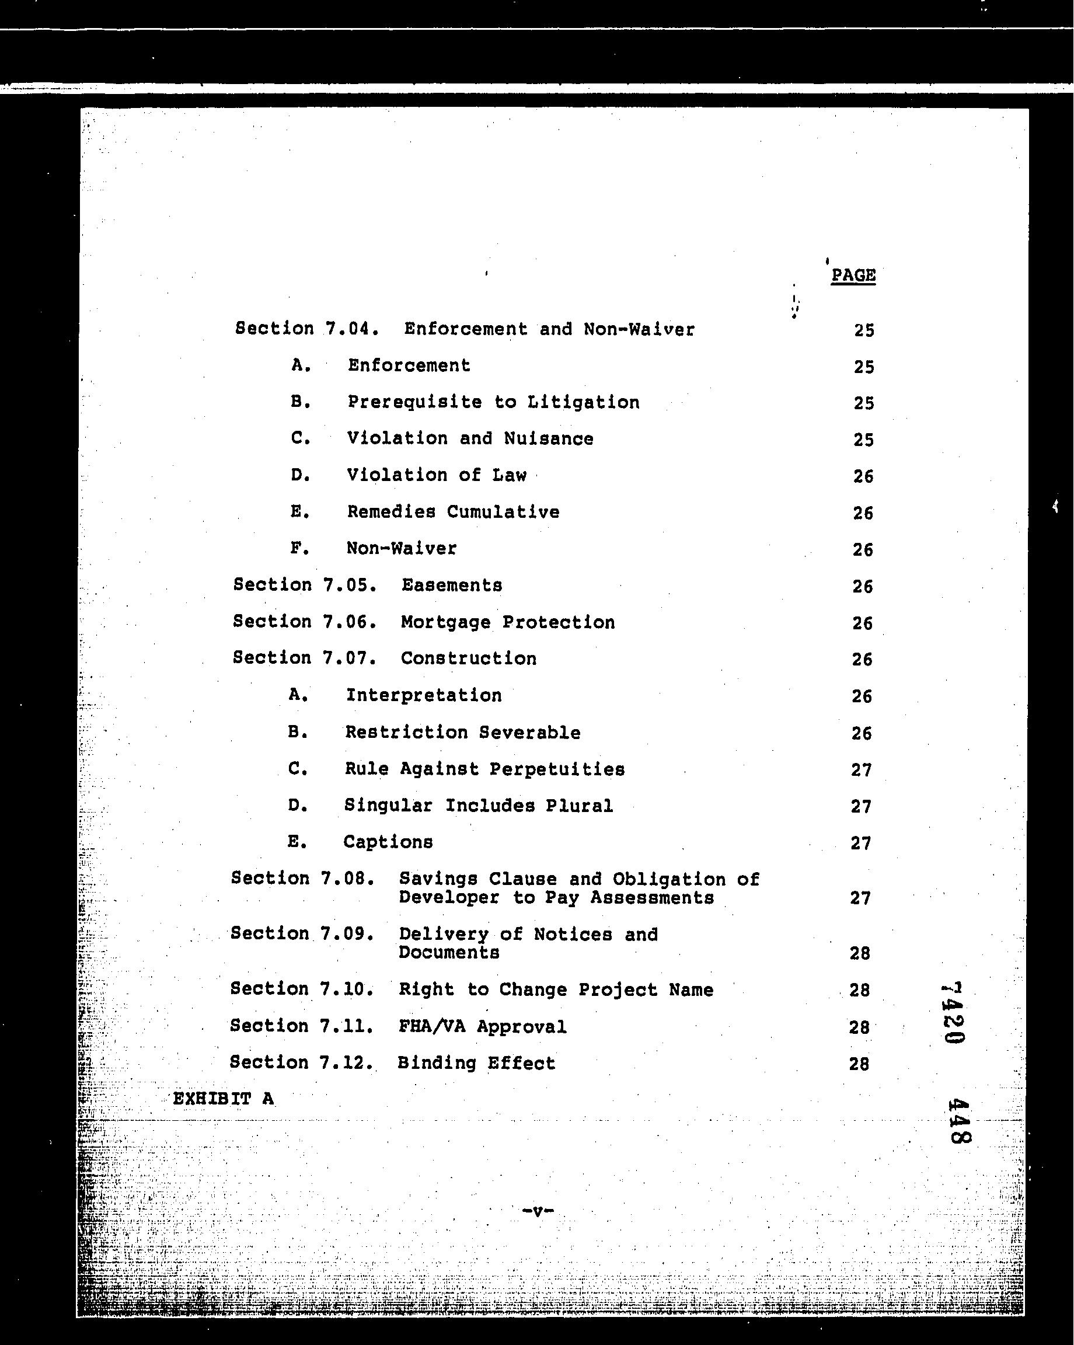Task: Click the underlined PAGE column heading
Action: [853, 276]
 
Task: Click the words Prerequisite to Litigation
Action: [493, 402]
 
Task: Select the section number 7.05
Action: [350, 585]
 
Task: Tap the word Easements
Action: [452, 585]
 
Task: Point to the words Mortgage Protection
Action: [508, 622]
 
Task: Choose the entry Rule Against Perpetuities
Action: [484, 769]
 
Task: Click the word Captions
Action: [388, 842]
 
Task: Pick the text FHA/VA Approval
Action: [482, 1026]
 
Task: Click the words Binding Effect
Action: [476, 1063]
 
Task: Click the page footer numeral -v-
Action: [537, 1211]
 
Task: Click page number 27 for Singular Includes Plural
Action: [861, 807]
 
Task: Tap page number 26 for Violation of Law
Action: [863, 476]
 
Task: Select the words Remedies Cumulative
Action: [454, 512]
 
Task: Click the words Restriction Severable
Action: [463, 733]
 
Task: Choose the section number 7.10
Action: [347, 989]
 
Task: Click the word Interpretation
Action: [424, 696]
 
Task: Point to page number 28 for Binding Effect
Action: [859, 1064]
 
